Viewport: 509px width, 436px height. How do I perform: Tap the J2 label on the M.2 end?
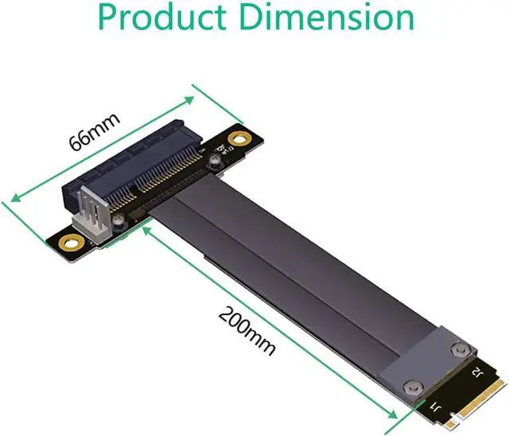(476, 371)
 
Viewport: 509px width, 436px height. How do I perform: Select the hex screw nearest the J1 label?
(410, 364)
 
